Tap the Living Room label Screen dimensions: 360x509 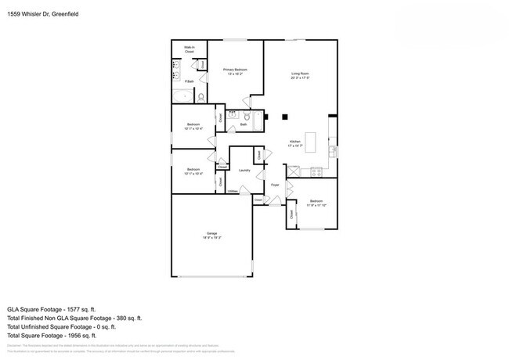[x=301, y=74]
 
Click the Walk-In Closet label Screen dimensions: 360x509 [x=189, y=49]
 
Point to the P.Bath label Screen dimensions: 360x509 [x=189, y=81]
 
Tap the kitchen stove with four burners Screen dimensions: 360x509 [x=317, y=171]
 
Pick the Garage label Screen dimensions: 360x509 [x=211, y=232]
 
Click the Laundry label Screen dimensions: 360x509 [x=244, y=170]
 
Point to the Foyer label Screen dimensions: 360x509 [x=275, y=185]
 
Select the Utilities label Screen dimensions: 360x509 [x=233, y=191]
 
